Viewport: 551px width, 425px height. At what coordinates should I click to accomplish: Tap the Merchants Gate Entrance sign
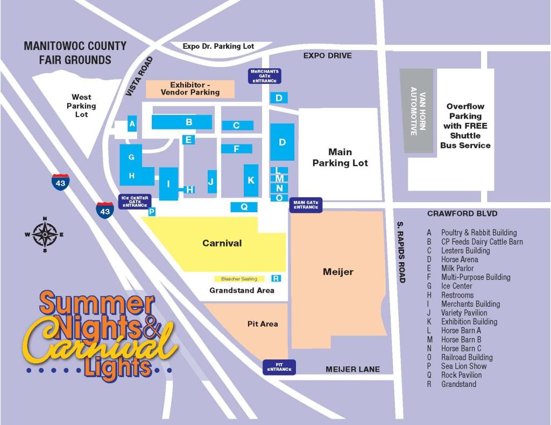265,76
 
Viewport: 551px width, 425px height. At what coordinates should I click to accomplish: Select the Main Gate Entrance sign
306,205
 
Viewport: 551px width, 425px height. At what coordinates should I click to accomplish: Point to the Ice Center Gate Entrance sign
135,201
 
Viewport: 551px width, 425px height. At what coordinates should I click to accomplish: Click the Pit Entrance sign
279,367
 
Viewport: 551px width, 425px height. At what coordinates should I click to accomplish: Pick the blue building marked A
132,124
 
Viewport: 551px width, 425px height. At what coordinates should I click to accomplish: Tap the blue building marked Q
244,207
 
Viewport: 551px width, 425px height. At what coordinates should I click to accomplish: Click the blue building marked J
211,182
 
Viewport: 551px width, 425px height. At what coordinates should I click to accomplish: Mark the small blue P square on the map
152,212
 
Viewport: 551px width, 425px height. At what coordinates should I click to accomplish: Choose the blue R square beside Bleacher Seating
276,278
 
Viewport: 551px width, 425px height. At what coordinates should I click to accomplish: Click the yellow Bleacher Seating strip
239,279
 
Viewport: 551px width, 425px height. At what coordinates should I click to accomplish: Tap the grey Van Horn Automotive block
416,111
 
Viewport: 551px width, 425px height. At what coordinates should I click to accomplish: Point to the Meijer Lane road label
352,369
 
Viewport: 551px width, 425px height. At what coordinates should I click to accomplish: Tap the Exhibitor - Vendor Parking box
190,89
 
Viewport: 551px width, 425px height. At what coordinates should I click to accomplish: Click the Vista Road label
139,76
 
